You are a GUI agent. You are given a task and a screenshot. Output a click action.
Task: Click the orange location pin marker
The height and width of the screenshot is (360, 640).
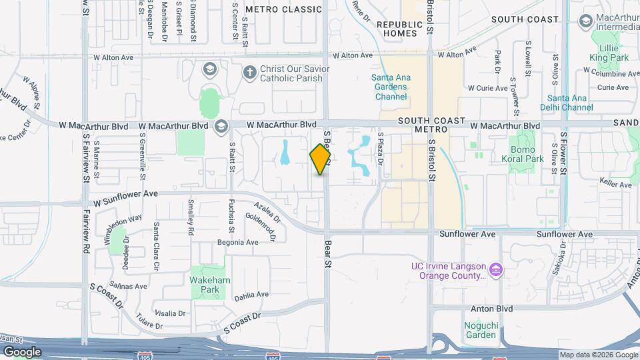click(x=321, y=159)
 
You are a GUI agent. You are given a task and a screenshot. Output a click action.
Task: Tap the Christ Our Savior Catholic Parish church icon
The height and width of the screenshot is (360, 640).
click(x=249, y=72)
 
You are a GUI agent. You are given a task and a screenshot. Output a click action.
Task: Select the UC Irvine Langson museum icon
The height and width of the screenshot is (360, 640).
click(x=495, y=269)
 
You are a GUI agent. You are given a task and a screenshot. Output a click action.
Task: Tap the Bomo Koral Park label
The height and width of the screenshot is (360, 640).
click(x=527, y=155)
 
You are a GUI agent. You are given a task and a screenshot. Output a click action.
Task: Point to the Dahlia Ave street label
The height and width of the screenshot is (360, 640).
click(x=251, y=294)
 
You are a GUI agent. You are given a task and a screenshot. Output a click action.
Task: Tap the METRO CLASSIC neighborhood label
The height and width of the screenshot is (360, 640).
click(x=283, y=9)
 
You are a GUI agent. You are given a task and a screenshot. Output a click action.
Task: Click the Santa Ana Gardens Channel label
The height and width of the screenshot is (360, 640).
click(x=391, y=87)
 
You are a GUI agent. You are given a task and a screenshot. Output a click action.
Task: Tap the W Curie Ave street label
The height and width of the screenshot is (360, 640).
click(x=489, y=88)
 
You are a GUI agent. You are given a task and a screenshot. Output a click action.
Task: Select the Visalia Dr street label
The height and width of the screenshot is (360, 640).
click(x=170, y=313)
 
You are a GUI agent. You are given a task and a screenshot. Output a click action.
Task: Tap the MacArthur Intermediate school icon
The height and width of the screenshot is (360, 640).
click(x=586, y=21)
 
